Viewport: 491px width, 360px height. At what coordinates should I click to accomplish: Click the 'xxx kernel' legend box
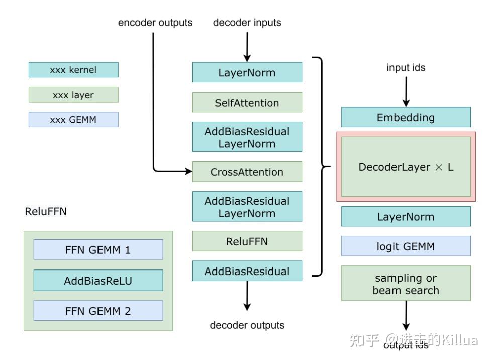[x=73, y=70]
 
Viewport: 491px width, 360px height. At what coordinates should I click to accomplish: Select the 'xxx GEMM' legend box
[x=73, y=119]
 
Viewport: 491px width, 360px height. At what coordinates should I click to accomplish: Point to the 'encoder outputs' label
[x=155, y=23]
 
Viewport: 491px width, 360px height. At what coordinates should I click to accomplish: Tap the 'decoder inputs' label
[x=247, y=23]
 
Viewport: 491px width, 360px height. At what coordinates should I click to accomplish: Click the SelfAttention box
[x=247, y=102]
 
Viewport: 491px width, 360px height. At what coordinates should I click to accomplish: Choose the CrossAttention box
[x=247, y=172]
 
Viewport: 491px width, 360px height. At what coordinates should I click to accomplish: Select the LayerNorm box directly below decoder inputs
[x=247, y=72]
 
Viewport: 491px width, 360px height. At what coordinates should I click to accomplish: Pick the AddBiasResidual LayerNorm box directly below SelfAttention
[x=247, y=137]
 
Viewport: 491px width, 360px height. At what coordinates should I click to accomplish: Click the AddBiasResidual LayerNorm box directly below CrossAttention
[x=247, y=207]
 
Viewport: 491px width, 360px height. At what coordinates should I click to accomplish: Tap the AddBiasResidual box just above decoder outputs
[x=247, y=271]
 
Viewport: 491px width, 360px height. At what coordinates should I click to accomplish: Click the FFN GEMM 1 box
[x=98, y=249]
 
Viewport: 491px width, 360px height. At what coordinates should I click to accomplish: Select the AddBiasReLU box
[x=98, y=280]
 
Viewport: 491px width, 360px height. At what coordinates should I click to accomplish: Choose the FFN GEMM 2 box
[x=98, y=311]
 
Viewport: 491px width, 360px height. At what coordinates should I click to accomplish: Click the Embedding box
[x=406, y=117]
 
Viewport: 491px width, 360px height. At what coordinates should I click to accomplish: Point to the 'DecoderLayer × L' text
[x=406, y=167]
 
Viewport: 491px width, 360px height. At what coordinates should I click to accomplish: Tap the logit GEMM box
[x=406, y=246]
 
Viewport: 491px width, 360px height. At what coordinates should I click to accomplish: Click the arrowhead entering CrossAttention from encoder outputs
[x=189, y=172]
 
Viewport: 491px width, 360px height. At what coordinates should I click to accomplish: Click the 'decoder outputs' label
[x=247, y=325]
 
